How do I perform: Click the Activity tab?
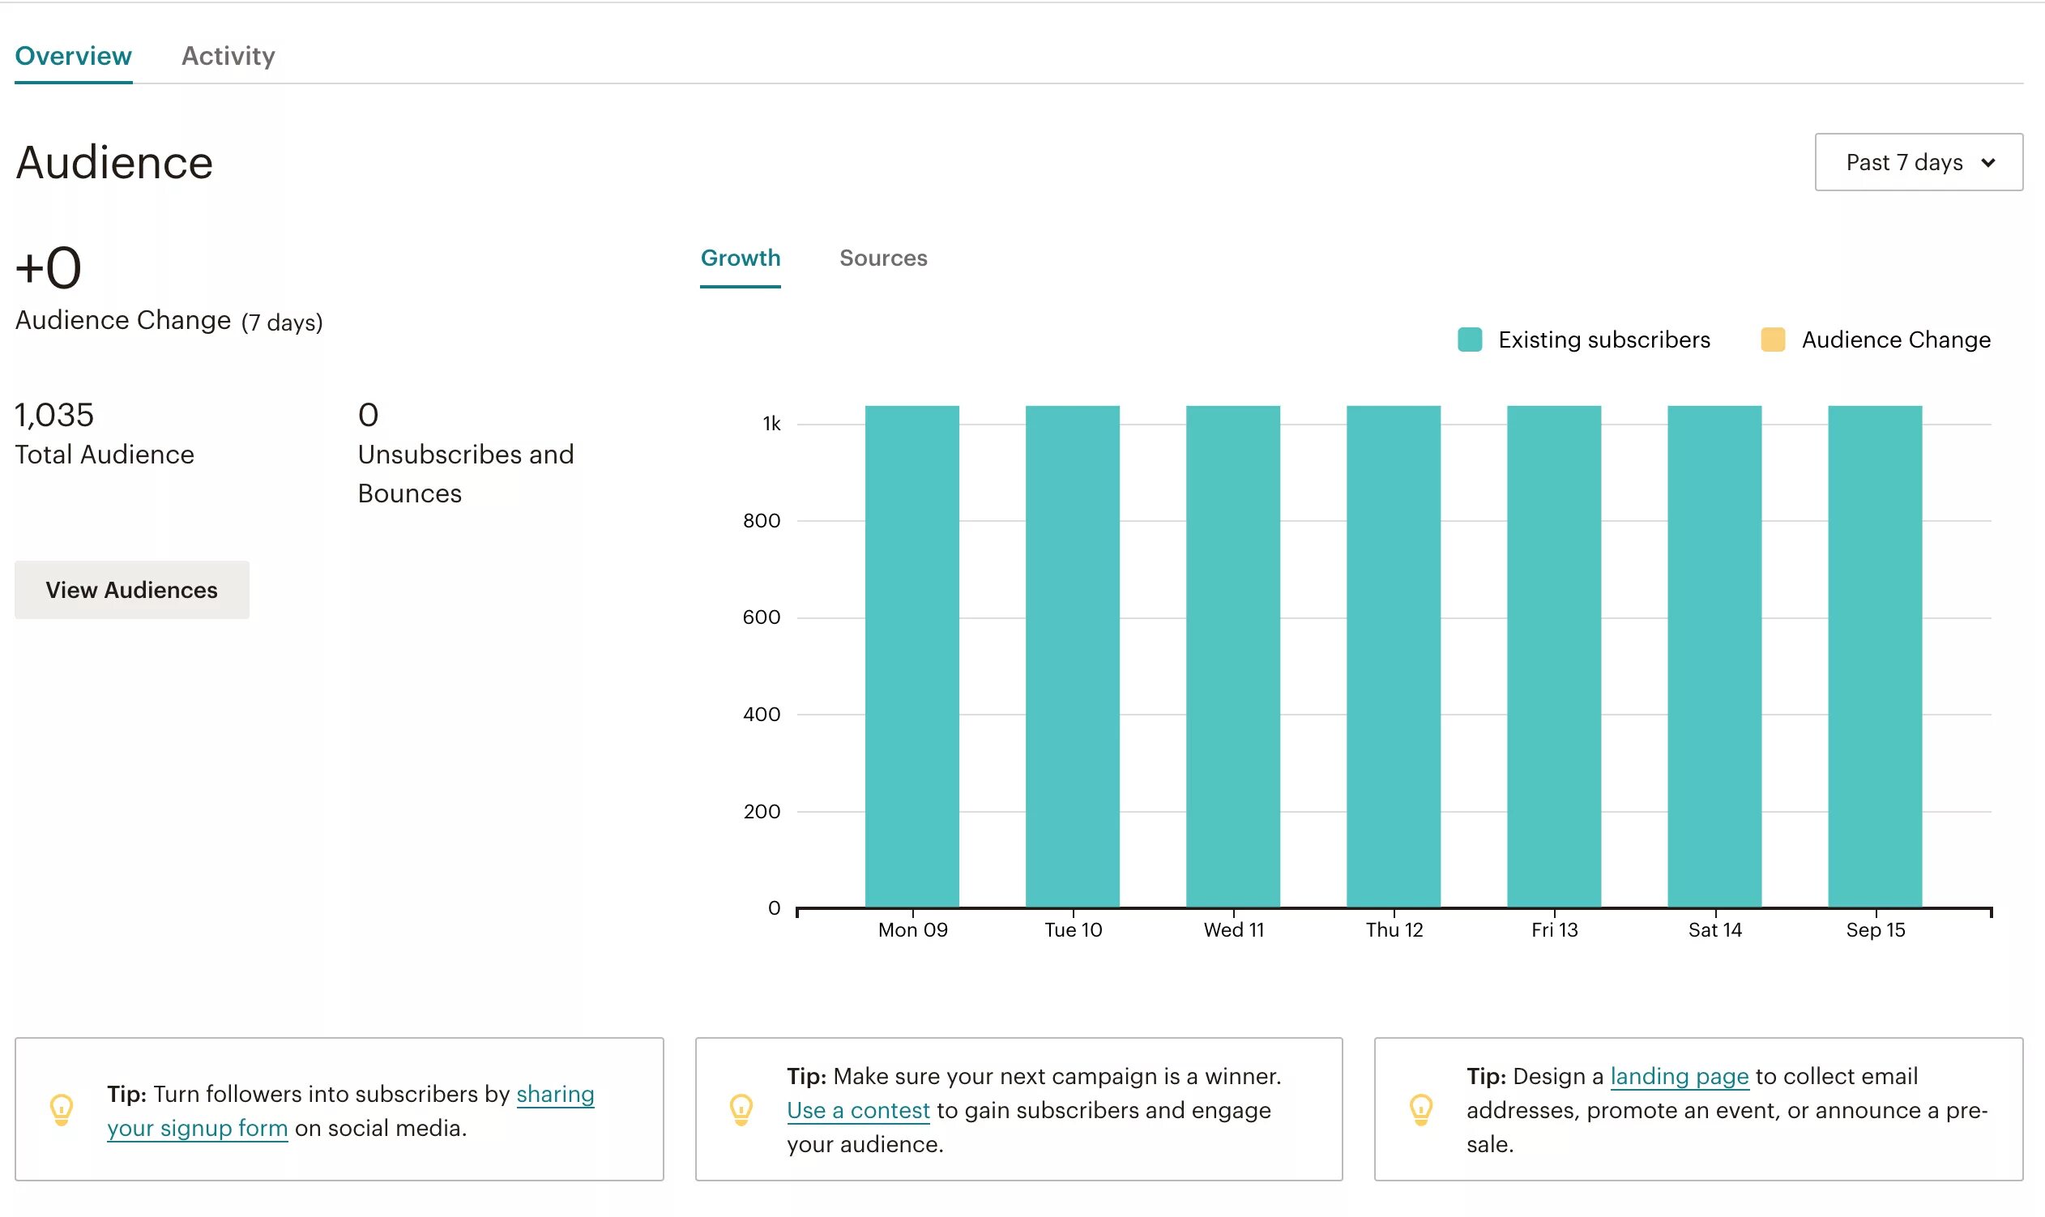228,56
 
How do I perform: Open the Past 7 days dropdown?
1917,162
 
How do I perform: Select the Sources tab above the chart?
882,258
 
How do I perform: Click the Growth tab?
740,258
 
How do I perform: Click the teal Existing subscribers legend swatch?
1469,339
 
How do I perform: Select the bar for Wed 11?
1232,656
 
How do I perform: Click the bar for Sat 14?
1713,656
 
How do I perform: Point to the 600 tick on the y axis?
760,617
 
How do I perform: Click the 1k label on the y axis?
771,424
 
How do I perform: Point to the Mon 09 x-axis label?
911,930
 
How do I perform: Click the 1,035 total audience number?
54,416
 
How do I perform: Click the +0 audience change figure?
49,268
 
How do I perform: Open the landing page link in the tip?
1679,1076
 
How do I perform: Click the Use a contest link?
858,1110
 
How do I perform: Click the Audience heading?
114,162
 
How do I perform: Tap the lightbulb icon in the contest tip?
741,1109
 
